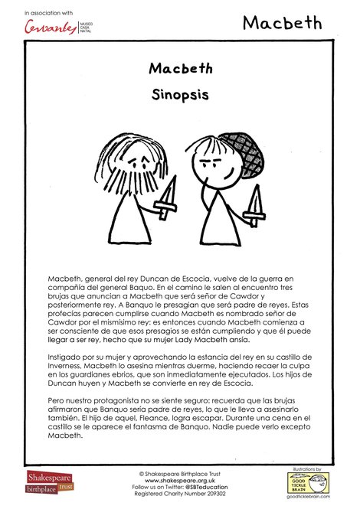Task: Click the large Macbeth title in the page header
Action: click(x=283, y=23)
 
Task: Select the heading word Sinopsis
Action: click(x=180, y=99)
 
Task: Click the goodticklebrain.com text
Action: click(x=308, y=498)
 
